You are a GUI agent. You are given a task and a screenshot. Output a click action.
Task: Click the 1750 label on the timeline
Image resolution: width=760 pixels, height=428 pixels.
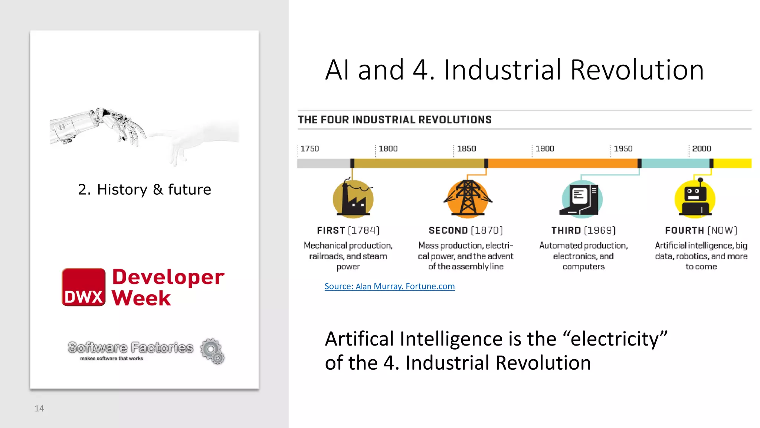[309, 149]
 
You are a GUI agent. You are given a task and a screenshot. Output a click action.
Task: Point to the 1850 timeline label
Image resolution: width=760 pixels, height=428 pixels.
[466, 149]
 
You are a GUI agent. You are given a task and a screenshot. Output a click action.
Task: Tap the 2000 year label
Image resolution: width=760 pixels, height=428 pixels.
[701, 149]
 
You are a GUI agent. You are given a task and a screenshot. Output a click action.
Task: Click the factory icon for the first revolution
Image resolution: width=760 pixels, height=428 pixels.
[353, 198]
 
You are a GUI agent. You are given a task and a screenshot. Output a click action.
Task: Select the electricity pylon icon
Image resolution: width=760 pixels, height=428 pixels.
[468, 198]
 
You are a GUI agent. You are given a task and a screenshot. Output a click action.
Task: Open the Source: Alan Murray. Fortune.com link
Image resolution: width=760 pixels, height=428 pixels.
[389, 286]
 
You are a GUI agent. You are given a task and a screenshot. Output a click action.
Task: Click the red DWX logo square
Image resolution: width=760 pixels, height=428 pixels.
[83, 287]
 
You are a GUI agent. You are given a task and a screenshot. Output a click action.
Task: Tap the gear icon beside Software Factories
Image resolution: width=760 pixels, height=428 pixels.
[212, 351]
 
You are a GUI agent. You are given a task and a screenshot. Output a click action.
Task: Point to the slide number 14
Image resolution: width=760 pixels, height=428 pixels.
[39, 409]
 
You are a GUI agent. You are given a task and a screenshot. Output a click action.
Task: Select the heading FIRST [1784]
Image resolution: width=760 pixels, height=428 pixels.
[348, 230]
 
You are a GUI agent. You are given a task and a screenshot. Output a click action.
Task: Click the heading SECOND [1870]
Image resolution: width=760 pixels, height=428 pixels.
[466, 230]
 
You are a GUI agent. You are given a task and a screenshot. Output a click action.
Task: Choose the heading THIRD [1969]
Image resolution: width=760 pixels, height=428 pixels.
[583, 230]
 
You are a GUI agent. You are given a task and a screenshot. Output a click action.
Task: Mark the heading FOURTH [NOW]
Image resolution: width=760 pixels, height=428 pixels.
[701, 230]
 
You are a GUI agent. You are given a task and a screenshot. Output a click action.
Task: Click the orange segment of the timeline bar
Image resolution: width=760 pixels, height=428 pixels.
[562, 163]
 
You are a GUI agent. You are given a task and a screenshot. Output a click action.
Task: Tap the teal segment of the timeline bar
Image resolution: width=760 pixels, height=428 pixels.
[675, 163]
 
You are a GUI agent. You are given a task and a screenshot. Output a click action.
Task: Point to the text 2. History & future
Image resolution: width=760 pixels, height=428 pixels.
[144, 189]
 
